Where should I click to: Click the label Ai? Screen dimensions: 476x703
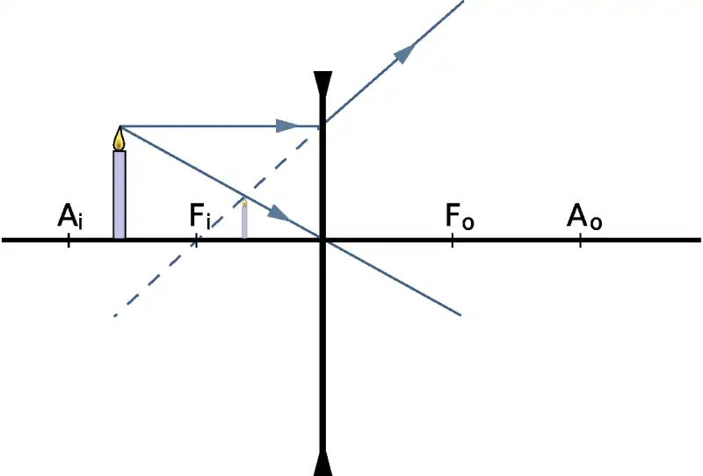70,216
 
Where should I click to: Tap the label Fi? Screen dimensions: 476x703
200,216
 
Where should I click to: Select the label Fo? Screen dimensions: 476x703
460,216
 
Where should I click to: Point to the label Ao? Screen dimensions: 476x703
584,216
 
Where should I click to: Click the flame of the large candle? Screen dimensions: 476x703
120,139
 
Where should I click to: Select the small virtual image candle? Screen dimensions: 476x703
244,220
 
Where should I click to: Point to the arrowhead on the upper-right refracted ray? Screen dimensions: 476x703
404,54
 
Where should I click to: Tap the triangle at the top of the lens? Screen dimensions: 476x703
323,85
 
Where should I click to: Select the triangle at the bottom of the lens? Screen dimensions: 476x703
323,463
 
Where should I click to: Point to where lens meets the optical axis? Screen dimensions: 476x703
323,239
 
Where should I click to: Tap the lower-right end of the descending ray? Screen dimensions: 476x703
460,314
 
